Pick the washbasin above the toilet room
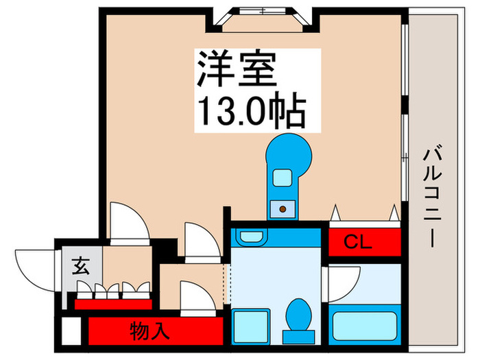point(248,237)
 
